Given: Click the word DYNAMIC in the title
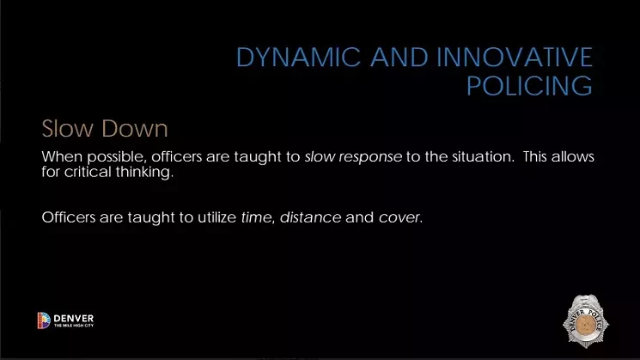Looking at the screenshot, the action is [x=299, y=57].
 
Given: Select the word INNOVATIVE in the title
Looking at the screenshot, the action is [x=515, y=57].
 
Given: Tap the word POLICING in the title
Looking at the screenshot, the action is [x=529, y=86].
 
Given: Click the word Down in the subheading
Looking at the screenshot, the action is [x=135, y=129].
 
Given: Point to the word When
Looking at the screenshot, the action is [x=62, y=156].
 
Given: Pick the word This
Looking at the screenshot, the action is [x=534, y=156].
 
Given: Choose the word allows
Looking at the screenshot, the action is [x=573, y=156].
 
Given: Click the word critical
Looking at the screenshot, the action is [x=88, y=172].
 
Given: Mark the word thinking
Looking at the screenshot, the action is [x=144, y=172].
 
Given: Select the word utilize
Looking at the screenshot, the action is [x=217, y=217].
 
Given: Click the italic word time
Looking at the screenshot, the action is [x=257, y=217].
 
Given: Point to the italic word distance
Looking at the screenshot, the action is [x=311, y=217].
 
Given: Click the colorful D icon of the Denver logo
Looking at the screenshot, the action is [x=44, y=320].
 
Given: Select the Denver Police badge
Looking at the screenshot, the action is [x=586, y=321].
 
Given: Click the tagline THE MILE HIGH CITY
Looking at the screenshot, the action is [x=74, y=326].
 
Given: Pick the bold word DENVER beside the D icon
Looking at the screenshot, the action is [x=74, y=318].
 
